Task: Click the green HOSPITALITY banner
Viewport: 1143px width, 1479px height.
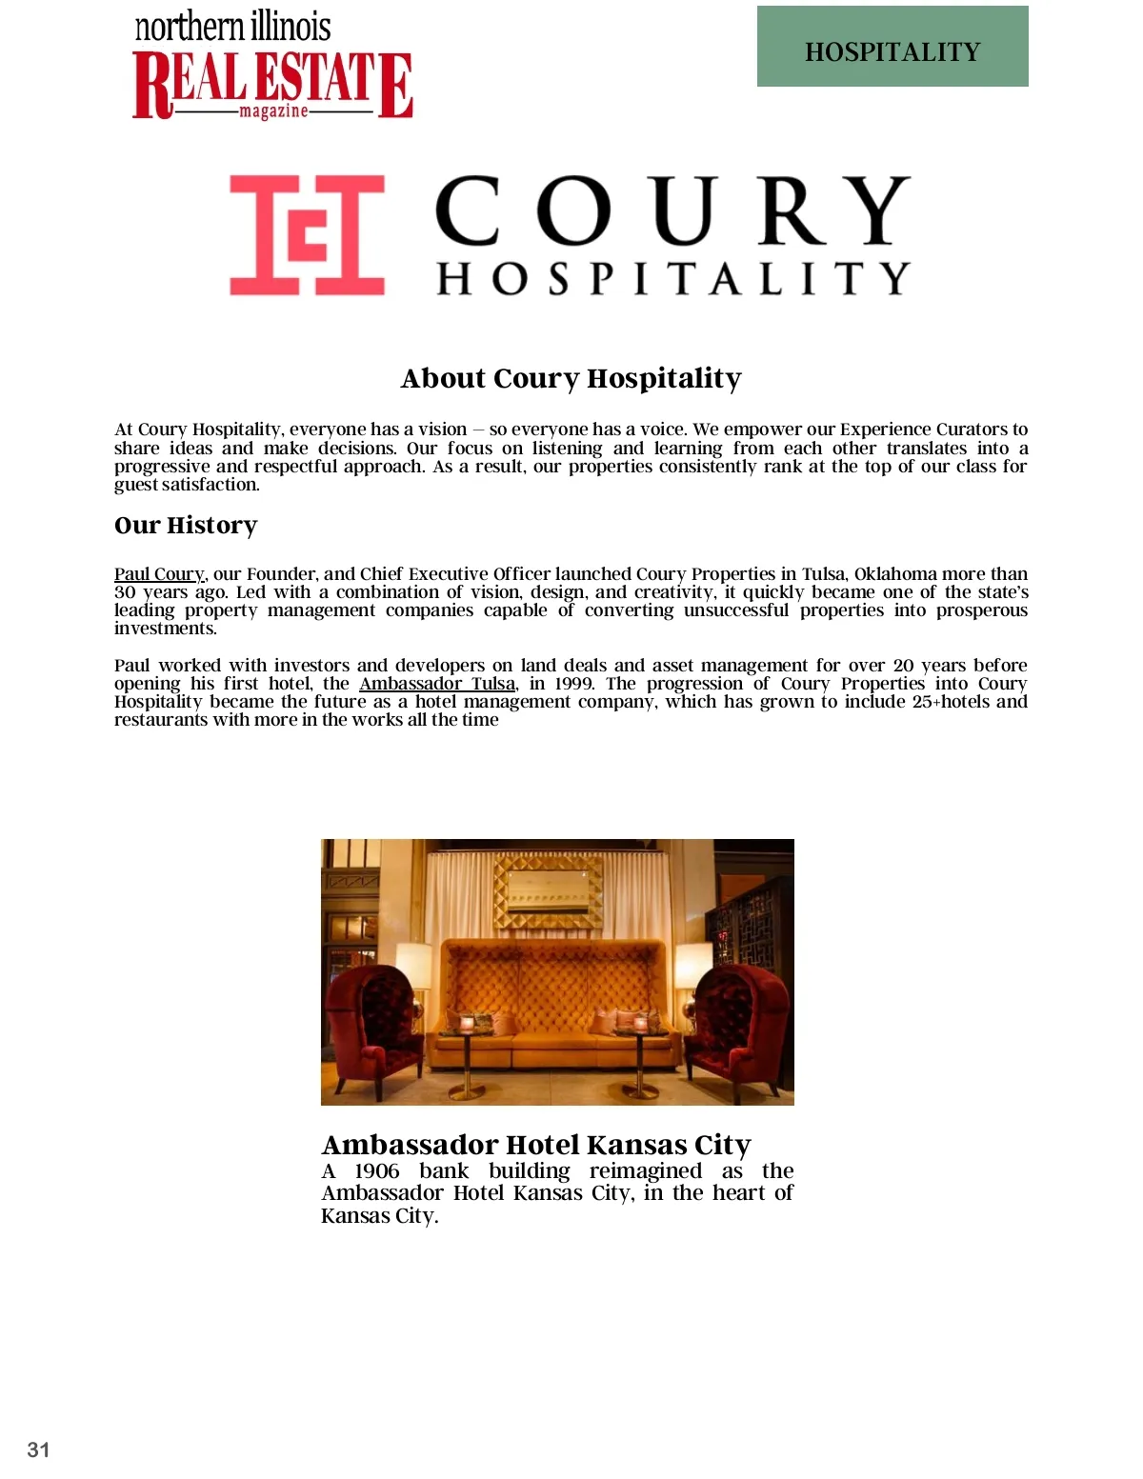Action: [x=892, y=47]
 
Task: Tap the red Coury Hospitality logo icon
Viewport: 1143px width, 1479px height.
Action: [x=307, y=234]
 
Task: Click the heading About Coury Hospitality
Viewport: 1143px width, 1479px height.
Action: [x=571, y=378]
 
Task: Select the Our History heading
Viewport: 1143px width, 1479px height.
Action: [x=186, y=526]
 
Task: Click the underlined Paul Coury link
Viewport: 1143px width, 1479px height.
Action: [x=159, y=574]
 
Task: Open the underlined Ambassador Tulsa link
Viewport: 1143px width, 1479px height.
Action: [x=437, y=684]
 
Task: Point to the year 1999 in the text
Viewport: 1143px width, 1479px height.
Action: [x=574, y=684]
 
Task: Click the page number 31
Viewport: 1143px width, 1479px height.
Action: [x=38, y=1449]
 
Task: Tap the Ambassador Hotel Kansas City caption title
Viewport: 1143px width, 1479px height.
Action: [x=536, y=1144]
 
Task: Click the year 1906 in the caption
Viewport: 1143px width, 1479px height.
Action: [x=377, y=1171]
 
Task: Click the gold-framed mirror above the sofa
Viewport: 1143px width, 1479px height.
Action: [x=548, y=891]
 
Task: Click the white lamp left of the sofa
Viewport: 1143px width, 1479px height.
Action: [x=413, y=967]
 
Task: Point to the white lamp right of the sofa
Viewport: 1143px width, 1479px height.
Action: [x=692, y=967]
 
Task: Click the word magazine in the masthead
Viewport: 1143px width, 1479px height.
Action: [x=273, y=111]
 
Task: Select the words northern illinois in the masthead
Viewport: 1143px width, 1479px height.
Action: [x=233, y=27]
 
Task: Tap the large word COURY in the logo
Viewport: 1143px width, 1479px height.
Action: [x=672, y=211]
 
